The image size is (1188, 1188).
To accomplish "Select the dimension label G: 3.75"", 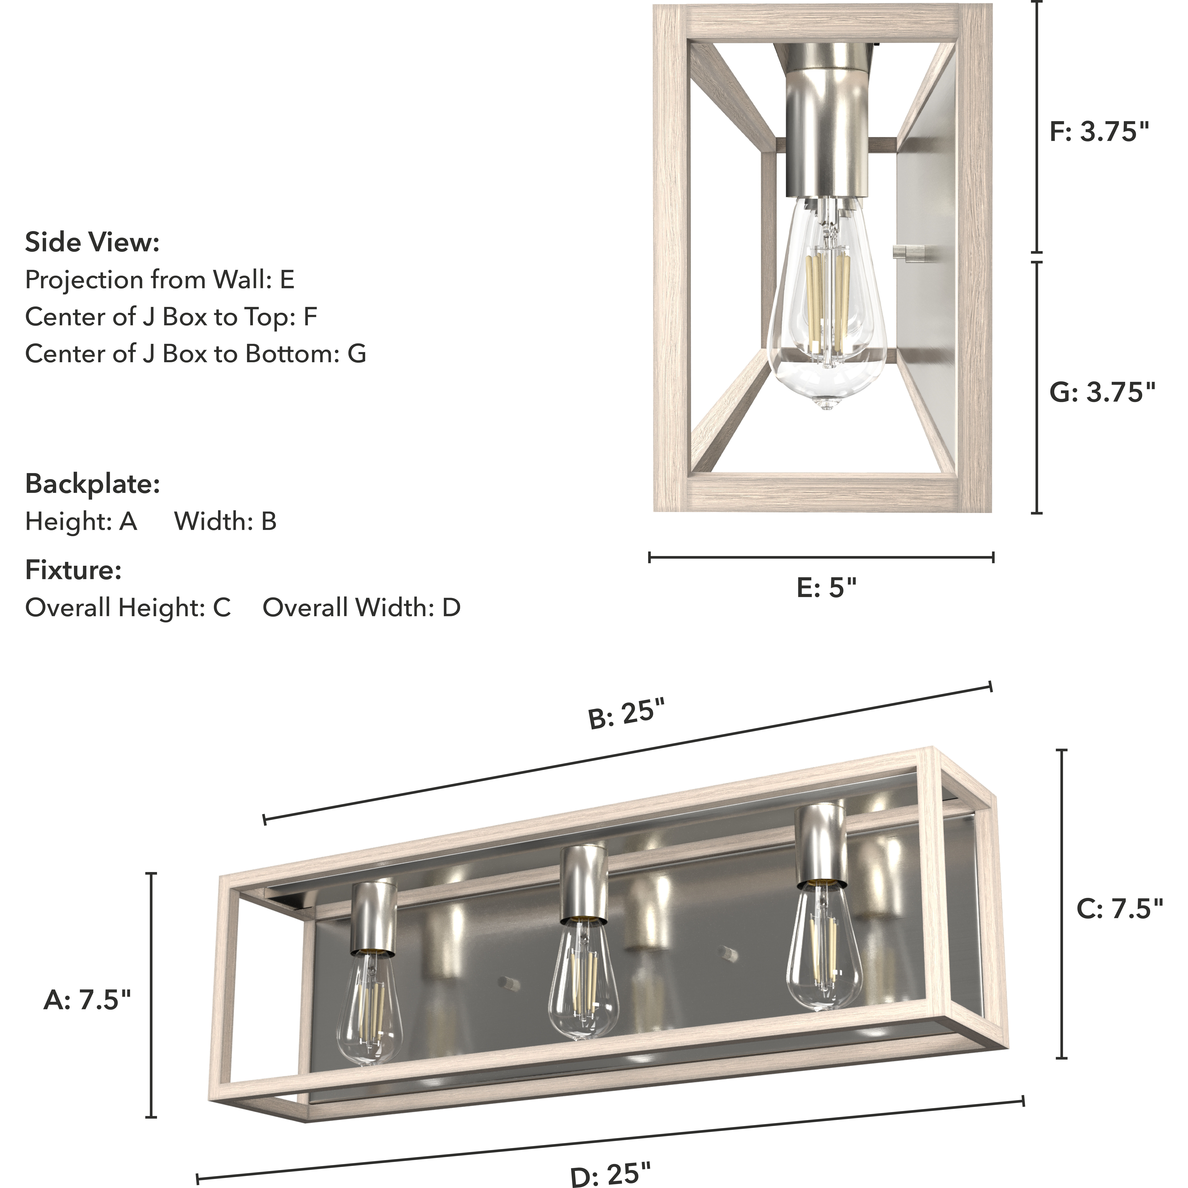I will (1102, 392).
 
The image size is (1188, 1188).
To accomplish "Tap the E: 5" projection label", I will (826, 588).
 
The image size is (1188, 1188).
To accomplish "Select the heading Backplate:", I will (92, 484).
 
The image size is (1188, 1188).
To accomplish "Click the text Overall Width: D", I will (362, 607).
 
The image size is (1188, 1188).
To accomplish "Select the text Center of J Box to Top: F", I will (171, 317).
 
